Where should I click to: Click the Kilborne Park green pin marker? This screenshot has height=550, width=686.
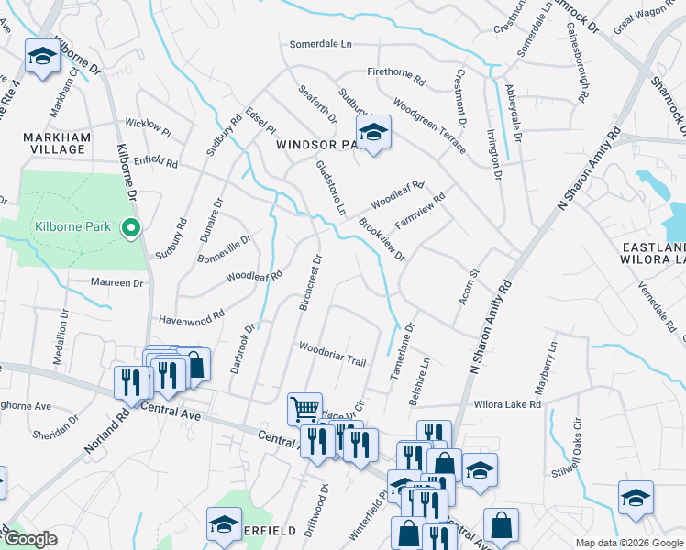[x=130, y=228]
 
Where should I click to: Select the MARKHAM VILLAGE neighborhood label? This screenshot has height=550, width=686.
[x=57, y=144]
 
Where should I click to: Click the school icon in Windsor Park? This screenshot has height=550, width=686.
[x=373, y=133]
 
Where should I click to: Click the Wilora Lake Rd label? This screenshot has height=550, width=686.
[x=509, y=403]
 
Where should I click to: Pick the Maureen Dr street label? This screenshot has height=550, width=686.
[x=117, y=283]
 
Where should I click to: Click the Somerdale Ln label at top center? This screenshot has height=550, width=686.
[x=321, y=43]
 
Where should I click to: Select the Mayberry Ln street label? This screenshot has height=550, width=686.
[x=549, y=363]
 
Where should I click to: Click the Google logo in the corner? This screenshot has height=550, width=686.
[x=30, y=539]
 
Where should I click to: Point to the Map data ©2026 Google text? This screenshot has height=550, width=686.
[x=629, y=543]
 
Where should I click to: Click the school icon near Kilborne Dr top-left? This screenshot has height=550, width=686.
[x=41, y=59]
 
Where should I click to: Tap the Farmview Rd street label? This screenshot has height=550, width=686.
[x=419, y=211]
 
